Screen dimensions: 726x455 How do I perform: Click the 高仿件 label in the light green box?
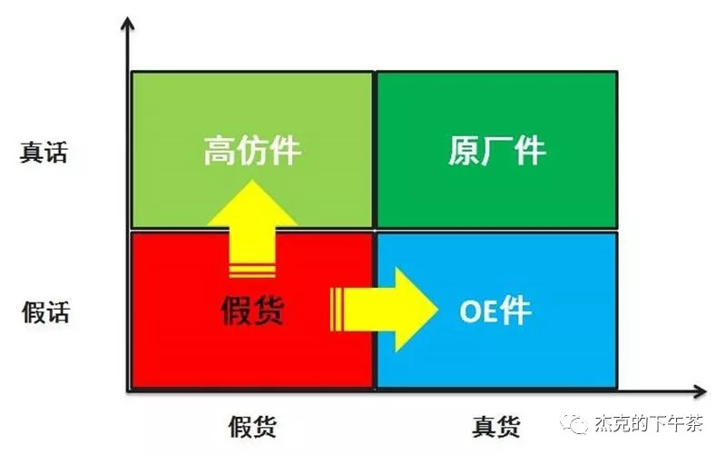252,150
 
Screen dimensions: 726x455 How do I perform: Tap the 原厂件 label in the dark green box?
497,150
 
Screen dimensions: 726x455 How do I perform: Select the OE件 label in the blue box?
495,311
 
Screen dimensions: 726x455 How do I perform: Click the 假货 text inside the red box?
252,310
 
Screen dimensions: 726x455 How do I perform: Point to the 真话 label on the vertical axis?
44,152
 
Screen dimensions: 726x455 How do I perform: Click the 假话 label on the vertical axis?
46,312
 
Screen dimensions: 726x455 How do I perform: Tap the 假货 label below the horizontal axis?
252,427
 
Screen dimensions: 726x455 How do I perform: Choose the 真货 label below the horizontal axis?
495,427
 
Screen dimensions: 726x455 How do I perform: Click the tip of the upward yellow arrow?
252,180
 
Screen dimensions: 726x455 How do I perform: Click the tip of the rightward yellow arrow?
437,309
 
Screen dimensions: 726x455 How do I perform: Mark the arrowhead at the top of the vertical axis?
127,18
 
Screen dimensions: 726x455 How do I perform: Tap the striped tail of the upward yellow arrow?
252,271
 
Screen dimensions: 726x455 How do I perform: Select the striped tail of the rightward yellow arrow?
337,310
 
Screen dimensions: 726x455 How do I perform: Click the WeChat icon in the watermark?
574,422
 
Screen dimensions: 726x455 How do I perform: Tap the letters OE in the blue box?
478,311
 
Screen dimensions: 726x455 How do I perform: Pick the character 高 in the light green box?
219,150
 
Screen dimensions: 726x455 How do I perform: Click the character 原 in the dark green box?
464,150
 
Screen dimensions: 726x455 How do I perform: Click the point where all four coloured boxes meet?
375,230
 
